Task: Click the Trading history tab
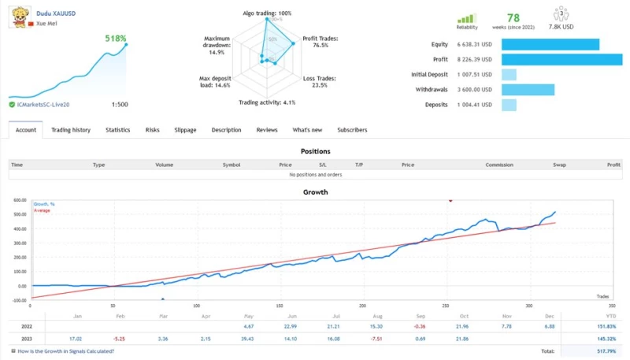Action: [71, 130]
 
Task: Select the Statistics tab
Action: [118, 130]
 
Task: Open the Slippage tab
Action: [185, 130]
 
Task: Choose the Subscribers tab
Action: [352, 130]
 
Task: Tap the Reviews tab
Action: [267, 130]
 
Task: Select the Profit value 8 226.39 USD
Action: [475, 59]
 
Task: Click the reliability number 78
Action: [513, 17]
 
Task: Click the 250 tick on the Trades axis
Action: [446, 305]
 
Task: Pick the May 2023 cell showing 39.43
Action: [249, 339]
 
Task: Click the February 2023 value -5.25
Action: [118, 339]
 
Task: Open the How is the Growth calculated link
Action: [65, 351]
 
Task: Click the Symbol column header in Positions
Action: [231, 165]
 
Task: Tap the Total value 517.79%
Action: [606, 351]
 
